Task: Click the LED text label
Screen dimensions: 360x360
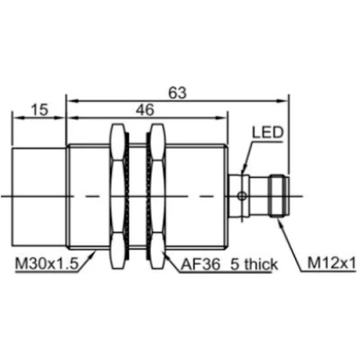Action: coord(268,133)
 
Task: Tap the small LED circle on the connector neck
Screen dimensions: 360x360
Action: coord(238,193)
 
